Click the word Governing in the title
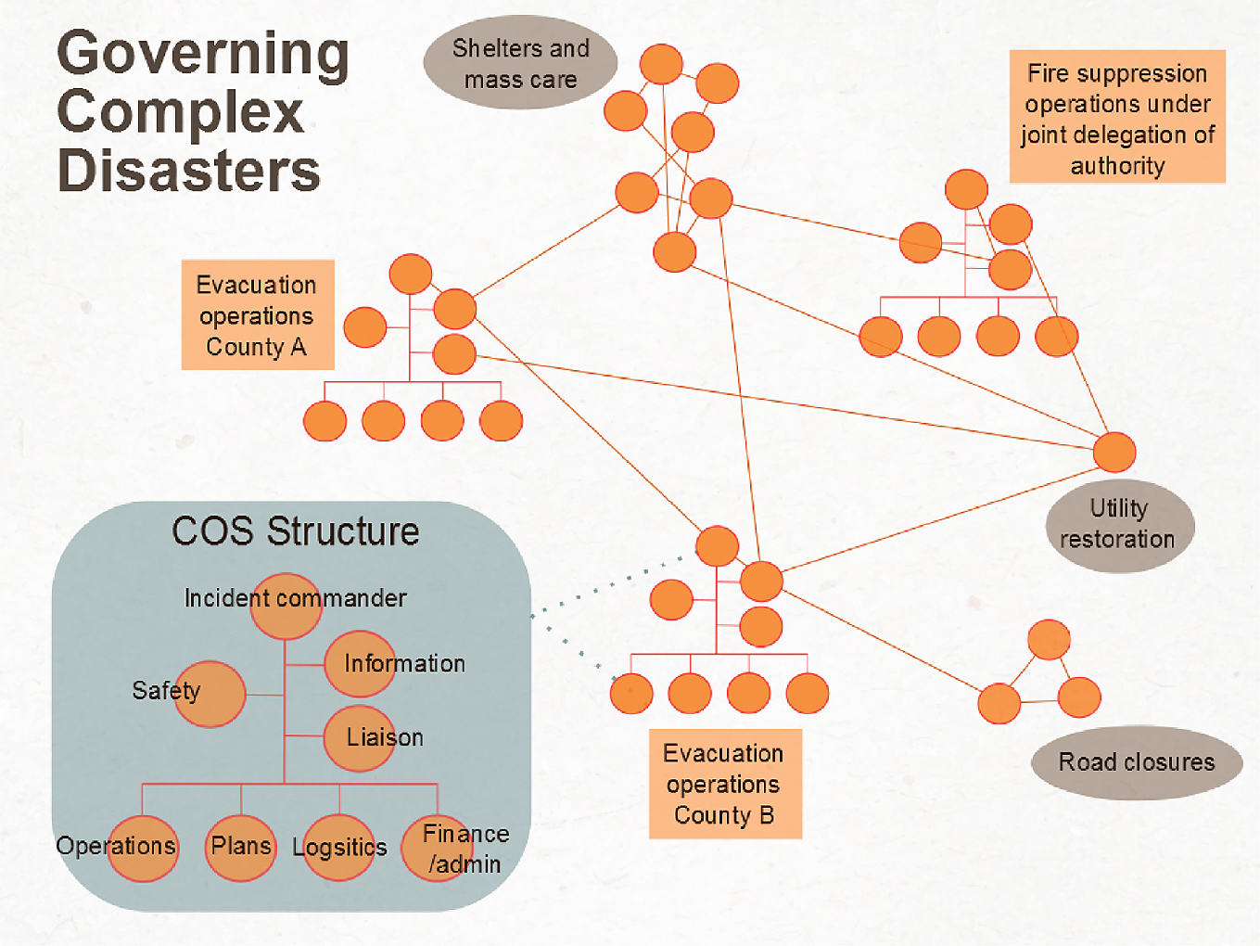pos(203,54)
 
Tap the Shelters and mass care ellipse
pos(520,63)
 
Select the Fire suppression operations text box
pos(1117,118)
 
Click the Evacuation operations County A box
pos(257,315)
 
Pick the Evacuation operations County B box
pos(724,785)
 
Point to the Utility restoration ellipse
pos(1119,525)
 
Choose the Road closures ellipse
pos(1136,762)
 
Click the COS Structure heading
pos(295,531)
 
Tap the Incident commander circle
pos(286,607)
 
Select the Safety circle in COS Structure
pos(210,694)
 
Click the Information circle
pos(361,664)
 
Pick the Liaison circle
pos(360,738)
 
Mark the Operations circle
pos(143,848)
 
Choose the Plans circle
pos(241,848)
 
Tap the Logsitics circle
pos(339,848)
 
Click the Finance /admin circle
pos(437,848)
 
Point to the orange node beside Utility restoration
pos(1114,453)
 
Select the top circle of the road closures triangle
pos(1049,640)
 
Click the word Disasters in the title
pos(188,172)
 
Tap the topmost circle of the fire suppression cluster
pos(966,190)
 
